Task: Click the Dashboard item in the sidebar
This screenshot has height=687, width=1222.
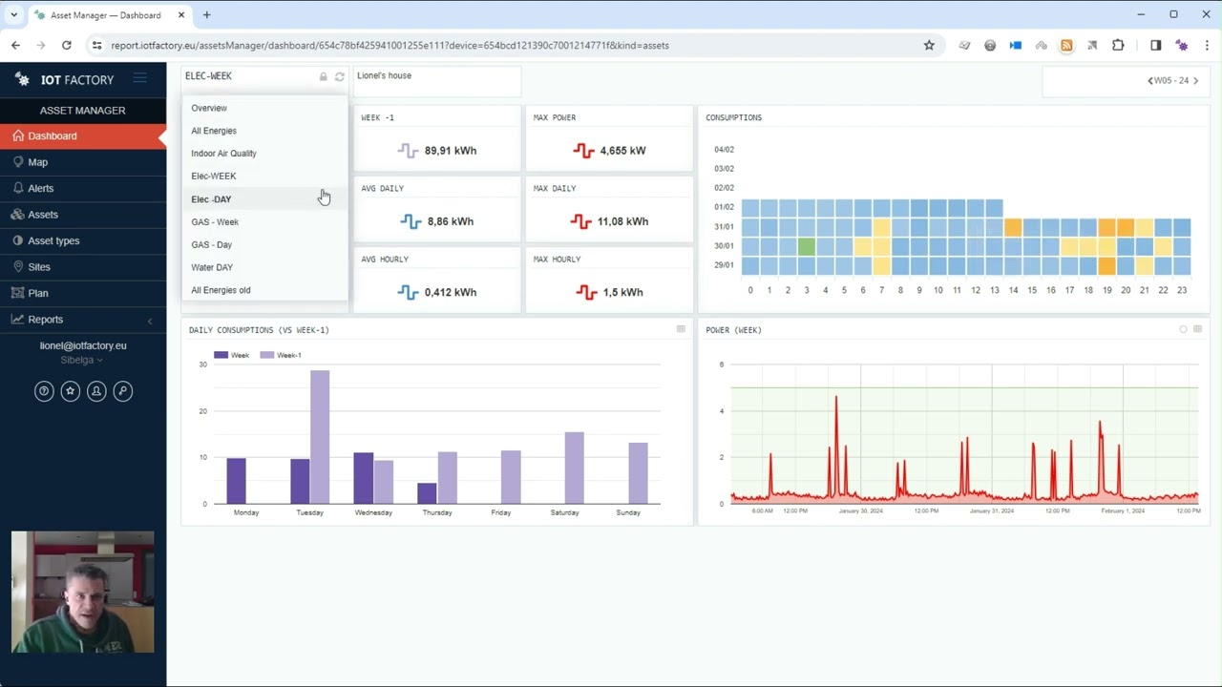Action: [53, 136]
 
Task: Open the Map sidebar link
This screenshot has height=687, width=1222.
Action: [38, 162]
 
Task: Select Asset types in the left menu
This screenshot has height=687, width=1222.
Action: [53, 240]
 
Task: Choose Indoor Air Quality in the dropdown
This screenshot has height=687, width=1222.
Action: [223, 154]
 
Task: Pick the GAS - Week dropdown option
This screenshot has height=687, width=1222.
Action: [215, 222]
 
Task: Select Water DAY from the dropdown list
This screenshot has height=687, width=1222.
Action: [212, 267]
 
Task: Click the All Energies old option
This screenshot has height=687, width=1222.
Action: [221, 290]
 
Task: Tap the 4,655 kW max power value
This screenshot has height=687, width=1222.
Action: [622, 151]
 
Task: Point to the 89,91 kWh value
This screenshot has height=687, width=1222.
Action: [450, 151]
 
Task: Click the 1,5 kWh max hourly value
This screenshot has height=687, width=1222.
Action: [622, 292]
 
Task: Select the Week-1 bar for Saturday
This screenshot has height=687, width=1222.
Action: [574, 468]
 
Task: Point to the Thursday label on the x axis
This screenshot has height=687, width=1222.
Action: [437, 512]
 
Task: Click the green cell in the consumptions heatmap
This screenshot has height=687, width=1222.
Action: [806, 246]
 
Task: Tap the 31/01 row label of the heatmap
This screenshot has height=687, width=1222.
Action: [724, 227]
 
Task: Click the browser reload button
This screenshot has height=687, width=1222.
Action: [66, 45]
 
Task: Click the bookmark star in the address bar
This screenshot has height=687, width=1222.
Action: [929, 45]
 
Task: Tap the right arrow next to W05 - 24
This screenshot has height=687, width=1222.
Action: [1195, 81]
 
